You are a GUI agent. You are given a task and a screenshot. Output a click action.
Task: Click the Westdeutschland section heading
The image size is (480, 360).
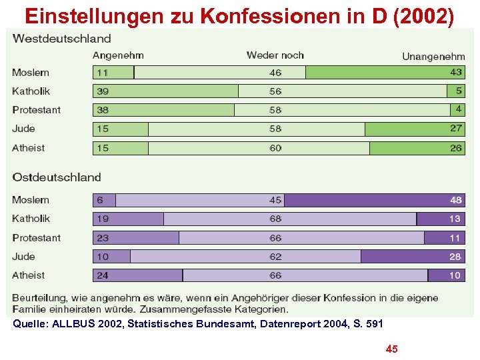(62, 39)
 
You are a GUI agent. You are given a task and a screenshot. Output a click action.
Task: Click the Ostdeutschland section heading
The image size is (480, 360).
(57, 177)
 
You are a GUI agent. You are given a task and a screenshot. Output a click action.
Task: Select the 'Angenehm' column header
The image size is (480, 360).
(118, 55)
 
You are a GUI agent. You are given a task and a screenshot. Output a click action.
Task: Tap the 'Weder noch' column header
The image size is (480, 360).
(275, 55)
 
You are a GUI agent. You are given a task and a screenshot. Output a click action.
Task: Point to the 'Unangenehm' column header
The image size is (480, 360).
(433, 56)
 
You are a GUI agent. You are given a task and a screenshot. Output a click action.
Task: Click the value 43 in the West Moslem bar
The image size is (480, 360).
(456, 73)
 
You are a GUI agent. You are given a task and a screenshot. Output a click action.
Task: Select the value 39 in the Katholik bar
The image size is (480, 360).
(103, 91)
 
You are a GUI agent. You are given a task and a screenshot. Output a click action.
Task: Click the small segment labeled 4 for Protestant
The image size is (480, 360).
(458, 109)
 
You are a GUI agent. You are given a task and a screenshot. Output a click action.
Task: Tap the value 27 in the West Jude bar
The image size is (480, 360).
(456, 129)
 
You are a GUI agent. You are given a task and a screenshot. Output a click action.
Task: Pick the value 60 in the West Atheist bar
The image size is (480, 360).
(275, 148)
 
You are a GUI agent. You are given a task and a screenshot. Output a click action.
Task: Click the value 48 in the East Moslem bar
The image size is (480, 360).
(456, 200)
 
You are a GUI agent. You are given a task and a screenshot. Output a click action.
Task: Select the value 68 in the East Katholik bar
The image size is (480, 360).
(275, 219)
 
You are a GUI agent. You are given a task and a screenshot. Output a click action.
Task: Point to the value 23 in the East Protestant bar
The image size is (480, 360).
(103, 238)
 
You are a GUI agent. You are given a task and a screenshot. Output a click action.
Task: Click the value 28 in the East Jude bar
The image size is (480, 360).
(456, 257)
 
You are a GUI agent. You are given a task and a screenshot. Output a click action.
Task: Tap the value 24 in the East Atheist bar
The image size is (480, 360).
(103, 275)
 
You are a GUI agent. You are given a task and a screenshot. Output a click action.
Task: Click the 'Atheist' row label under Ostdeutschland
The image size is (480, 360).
(29, 275)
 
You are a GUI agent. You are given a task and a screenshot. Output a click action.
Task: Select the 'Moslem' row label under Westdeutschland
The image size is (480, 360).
(31, 73)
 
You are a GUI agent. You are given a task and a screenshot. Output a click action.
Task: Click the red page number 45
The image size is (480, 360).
(392, 349)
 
